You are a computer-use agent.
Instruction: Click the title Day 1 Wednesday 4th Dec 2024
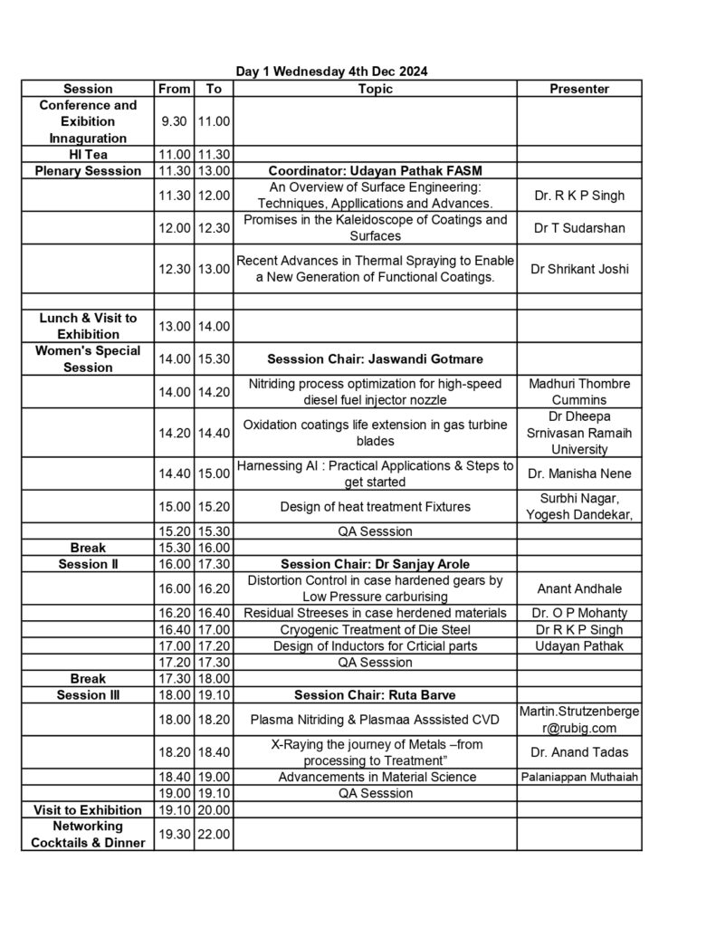coord(332,71)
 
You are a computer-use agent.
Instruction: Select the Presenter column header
coord(579,89)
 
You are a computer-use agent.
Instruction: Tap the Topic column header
coord(375,89)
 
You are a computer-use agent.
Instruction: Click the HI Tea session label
coord(88,155)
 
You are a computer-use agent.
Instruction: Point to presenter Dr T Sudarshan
coord(579,228)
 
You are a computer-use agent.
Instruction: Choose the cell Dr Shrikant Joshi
coord(579,269)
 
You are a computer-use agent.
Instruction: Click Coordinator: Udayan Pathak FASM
coord(375,170)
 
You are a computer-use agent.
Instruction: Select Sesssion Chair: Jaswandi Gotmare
coord(375,359)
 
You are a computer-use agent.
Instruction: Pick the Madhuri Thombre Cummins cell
coord(579,391)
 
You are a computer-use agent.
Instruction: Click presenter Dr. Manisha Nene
coord(579,473)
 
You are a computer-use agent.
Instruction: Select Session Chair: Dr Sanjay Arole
coord(375,564)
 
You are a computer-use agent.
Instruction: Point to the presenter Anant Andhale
coord(579,588)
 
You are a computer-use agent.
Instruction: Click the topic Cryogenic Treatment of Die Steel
coord(375,629)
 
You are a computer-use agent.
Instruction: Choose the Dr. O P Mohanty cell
coord(579,613)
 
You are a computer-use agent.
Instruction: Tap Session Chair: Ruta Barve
coord(375,695)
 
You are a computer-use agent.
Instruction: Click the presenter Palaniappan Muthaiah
coord(579,777)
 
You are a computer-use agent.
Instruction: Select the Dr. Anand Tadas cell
coord(579,751)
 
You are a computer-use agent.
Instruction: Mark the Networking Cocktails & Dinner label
coord(88,834)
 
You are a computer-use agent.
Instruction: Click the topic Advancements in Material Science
coord(375,777)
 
